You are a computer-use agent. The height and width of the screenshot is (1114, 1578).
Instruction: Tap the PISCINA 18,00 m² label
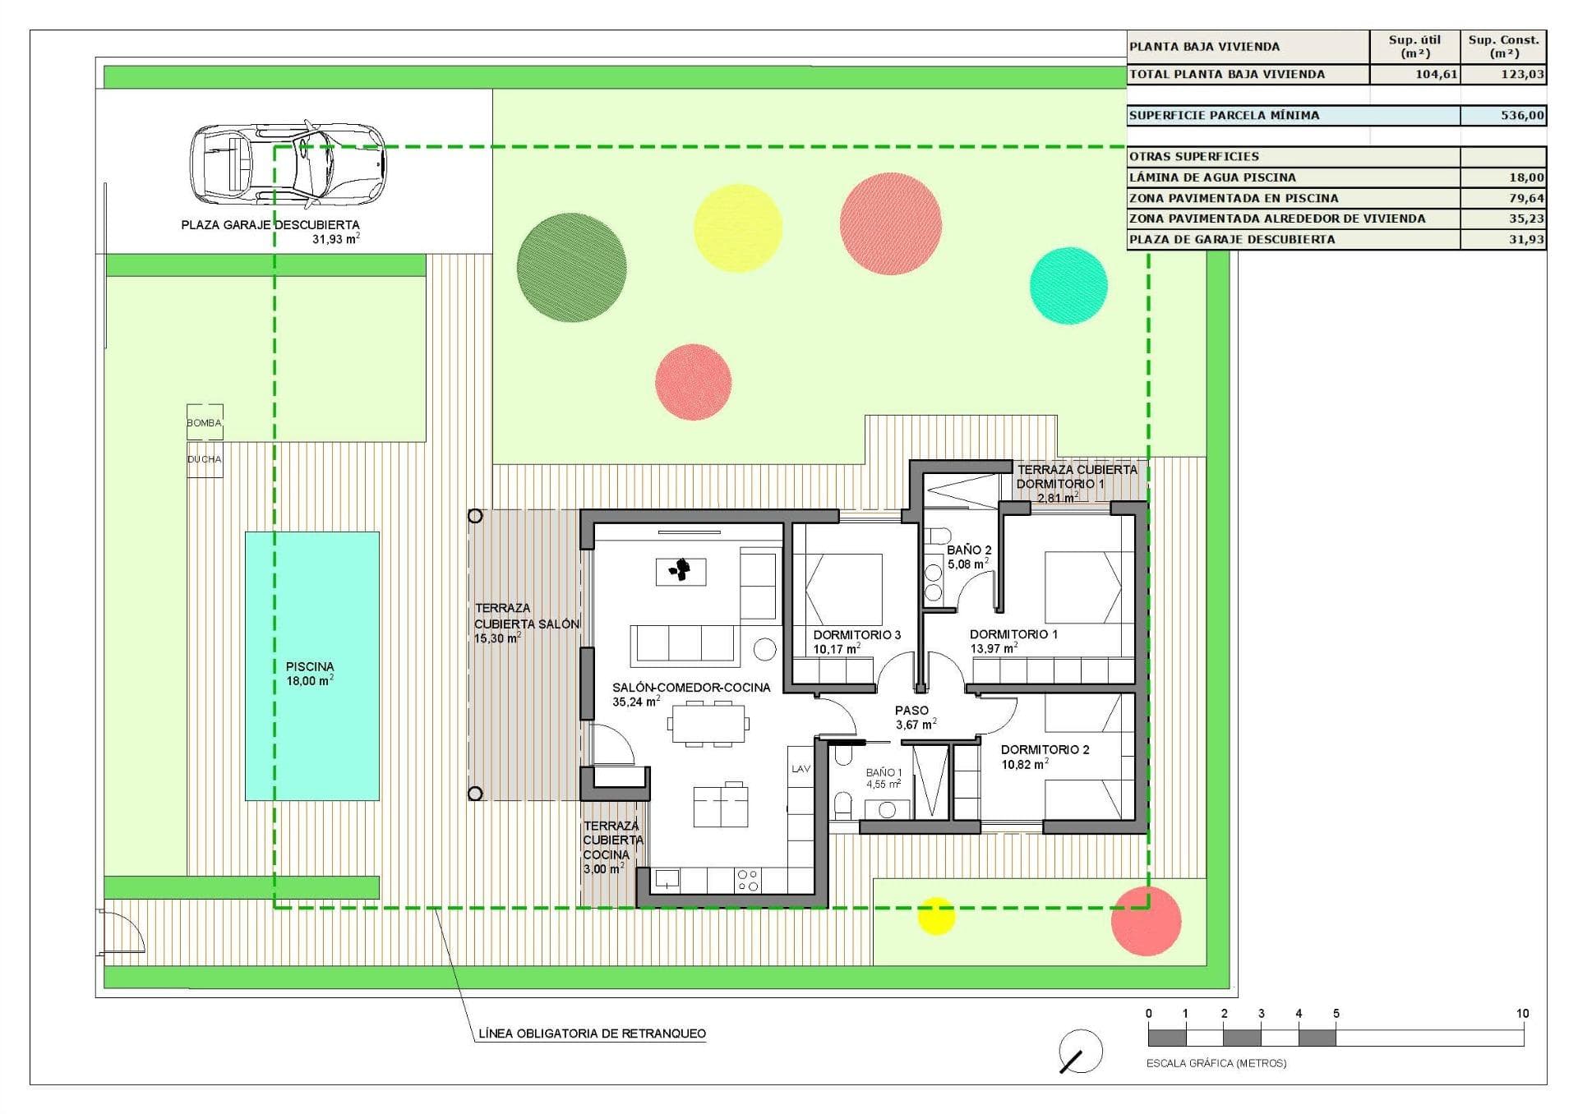(x=310, y=674)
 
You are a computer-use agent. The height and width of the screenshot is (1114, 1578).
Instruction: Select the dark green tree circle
(x=571, y=268)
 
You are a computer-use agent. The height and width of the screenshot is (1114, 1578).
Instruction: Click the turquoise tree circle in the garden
(x=1068, y=285)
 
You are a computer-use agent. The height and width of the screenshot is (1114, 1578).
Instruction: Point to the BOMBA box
(x=205, y=422)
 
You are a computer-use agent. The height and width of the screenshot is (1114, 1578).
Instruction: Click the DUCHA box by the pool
(x=205, y=459)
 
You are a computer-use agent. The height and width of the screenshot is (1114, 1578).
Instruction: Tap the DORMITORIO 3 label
(x=856, y=635)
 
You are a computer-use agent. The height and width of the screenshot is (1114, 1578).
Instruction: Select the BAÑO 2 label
(x=969, y=550)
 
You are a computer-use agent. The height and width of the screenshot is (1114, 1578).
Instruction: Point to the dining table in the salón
(x=708, y=724)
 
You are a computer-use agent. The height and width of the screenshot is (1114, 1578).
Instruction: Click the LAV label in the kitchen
(x=801, y=769)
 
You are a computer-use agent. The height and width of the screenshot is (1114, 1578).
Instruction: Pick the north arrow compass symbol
(x=1081, y=1052)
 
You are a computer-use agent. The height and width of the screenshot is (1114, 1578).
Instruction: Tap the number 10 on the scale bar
(x=1522, y=1014)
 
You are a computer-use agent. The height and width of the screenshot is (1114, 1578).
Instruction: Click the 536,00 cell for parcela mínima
(x=1503, y=116)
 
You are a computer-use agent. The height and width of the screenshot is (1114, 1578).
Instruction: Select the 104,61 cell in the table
(x=1414, y=75)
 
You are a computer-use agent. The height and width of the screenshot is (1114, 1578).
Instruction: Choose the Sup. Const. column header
(x=1503, y=47)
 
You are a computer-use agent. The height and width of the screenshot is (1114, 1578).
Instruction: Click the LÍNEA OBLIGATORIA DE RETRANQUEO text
(x=592, y=1034)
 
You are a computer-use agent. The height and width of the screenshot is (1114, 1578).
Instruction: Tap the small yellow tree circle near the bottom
(x=935, y=916)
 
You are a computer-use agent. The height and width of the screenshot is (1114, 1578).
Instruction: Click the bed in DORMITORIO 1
(x=1081, y=587)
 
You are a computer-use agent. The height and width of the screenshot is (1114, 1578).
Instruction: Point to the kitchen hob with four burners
(x=748, y=881)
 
